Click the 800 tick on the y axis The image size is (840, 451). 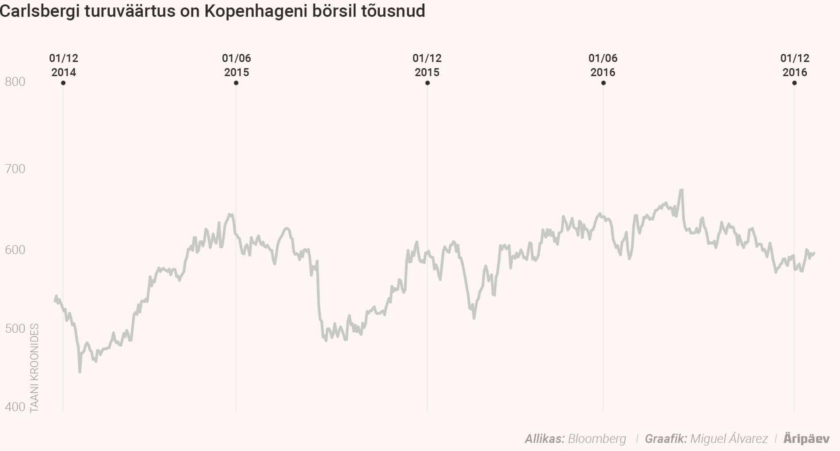point(15,82)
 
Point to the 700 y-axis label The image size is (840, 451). point(15,169)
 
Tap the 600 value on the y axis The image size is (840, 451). point(15,250)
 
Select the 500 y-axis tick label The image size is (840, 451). point(15,329)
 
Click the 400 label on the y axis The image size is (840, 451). point(15,407)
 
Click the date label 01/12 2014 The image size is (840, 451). point(63,65)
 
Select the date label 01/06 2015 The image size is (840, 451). point(236,65)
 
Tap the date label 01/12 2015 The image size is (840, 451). point(427,65)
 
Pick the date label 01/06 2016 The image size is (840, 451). point(603,65)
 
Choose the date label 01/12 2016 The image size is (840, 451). point(794,65)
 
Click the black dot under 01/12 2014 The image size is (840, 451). point(63,83)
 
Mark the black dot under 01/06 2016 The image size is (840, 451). point(603,83)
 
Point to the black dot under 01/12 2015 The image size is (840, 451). point(427,83)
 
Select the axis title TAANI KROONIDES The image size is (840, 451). point(35,368)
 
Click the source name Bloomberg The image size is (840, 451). point(597,439)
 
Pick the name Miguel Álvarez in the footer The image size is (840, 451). point(728,439)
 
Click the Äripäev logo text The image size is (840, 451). point(806,439)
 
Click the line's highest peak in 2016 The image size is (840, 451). point(681,190)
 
